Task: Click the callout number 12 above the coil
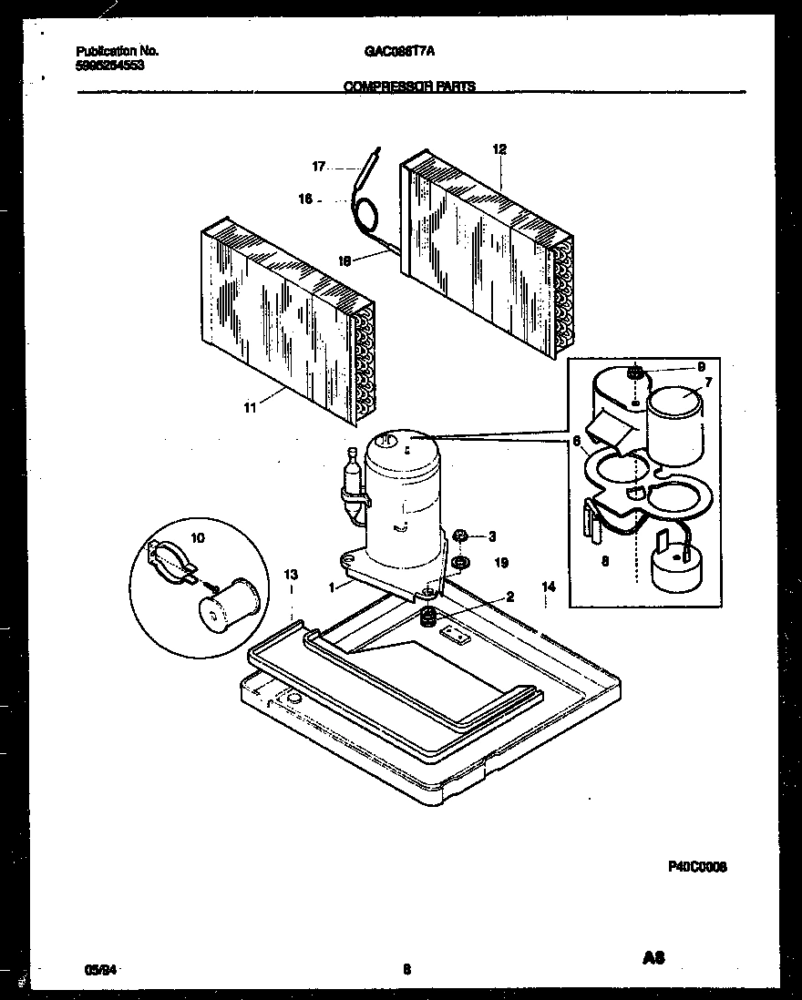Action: [499, 149]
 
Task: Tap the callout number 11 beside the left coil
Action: [249, 408]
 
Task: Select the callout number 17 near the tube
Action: [318, 167]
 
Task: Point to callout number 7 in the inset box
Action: [707, 381]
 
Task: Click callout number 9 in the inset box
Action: [700, 366]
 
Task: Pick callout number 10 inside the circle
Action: [198, 538]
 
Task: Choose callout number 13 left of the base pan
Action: [291, 575]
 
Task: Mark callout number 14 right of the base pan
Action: [548, 587]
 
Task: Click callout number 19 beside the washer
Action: [500, 564]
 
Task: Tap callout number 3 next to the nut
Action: [491, 536]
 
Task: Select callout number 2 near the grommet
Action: [509, 597]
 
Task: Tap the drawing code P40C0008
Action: [697, 867]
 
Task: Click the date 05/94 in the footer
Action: [93, 971]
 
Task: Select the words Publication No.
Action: [111, 52]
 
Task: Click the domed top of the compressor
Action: [401, 446]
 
